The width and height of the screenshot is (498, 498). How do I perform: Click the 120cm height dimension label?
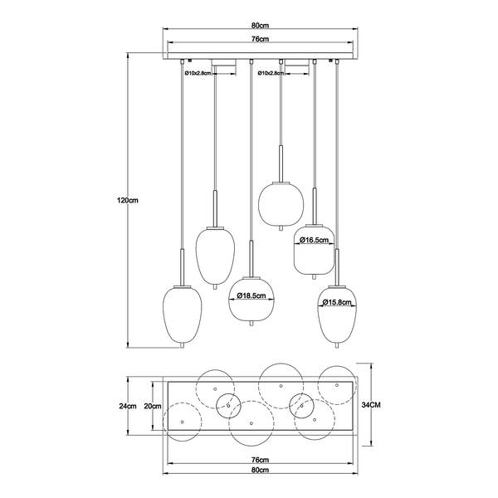tap(128, 201)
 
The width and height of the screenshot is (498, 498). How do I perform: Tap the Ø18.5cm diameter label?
tap(251, 295)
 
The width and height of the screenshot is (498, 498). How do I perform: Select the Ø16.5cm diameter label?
tap(314, 240)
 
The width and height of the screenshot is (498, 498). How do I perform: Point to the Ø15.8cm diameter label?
tap(337, 302)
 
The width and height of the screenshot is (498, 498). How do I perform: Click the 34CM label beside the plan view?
tap(371, 405)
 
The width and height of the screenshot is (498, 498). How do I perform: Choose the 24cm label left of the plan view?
tap(128, 406)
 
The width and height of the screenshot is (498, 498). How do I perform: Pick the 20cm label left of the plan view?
tap(153, 406)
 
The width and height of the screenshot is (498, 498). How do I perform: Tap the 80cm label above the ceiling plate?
tap(260, 25)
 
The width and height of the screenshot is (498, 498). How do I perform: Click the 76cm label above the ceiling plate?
tap(260, 39)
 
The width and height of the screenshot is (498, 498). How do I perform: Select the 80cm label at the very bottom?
tap(260, 470)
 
